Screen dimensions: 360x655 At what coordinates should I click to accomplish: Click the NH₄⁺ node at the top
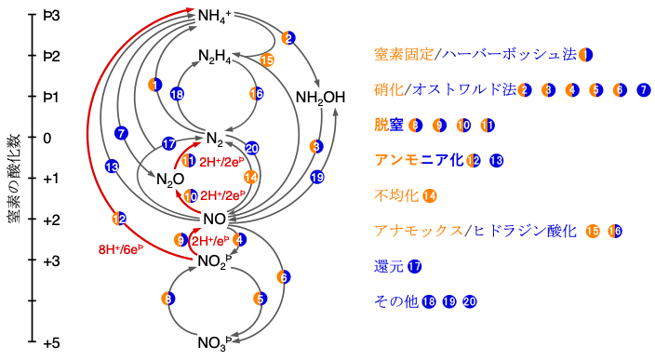click(x=215, y=16)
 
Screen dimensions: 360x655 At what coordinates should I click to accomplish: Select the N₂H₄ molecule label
click(x=215, y=58)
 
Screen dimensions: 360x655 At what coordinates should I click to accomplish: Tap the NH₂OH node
click(x=320, y=98)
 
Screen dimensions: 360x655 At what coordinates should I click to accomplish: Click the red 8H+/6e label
click(x=120, y=249)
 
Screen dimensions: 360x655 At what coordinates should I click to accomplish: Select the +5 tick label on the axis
click(x=51, y=343)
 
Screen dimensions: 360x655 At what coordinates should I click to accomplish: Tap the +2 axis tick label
click(x=51, y=220)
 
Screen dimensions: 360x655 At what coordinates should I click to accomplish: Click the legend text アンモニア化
click(x=418, y=160)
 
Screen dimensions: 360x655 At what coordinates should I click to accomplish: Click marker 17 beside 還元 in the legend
click(x=415, y=266)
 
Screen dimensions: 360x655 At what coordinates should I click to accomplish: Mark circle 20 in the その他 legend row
click(x=470, y=301)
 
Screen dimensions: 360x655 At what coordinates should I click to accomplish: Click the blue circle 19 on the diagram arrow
click(x=317, y=177)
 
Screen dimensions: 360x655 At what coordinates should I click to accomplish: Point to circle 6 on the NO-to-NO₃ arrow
click(x=284, y=276)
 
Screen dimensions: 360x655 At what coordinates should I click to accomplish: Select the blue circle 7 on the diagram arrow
click(x=121, y=133)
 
